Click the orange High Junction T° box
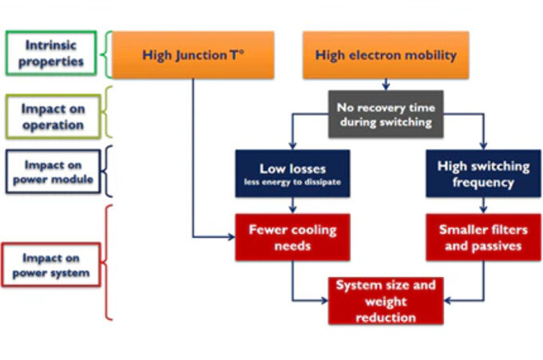coord(192,55)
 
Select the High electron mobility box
coord(385,55)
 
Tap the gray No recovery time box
coord(386,113)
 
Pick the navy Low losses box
coord(292,173)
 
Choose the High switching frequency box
coord(483,173)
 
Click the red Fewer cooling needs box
coord(292,237)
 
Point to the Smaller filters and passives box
coord(483,237)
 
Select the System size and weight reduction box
coord(386,301)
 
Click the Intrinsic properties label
coord(51,53)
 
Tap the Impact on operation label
coord(51,117)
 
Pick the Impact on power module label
coord(51,172)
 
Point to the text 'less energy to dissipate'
coord(292,182)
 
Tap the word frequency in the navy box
coord(483,181)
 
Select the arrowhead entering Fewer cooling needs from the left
coord(231,237)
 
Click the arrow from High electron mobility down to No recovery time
coord(386,84)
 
